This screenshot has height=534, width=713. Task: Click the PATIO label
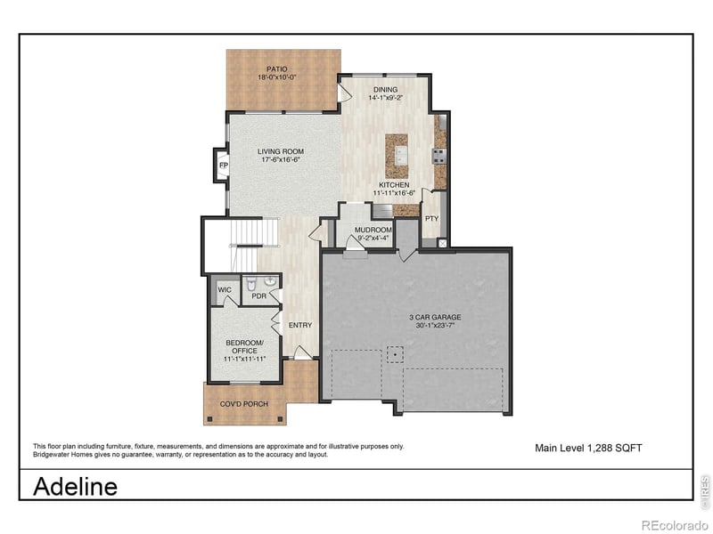click(277, 69)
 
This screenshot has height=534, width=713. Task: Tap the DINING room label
click(385, 89)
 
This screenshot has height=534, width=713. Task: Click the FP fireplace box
click(224, 166)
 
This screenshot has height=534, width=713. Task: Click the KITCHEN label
click(393, 184)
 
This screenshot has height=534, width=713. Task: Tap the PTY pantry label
click(431, 218)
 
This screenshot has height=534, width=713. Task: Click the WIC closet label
click(224, 290)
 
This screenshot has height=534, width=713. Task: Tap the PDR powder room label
click(259, 296)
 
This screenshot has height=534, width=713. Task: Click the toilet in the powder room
click(251, 284)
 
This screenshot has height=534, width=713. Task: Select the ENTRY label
click(300, 325)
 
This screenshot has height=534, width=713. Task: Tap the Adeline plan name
click(75, 487)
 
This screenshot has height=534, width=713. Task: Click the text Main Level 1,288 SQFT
click(587, 448)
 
